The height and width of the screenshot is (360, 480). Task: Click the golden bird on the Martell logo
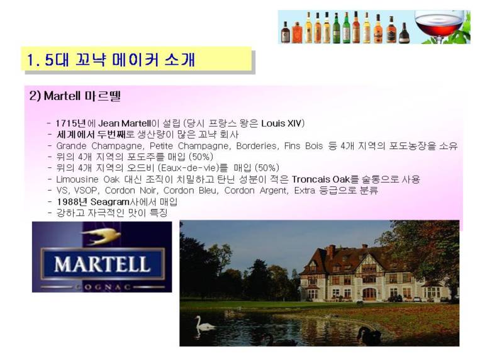(x=101, y=236)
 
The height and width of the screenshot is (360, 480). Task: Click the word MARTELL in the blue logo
(x=103, y=264)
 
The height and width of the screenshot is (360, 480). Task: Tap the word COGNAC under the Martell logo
(x=103, y=287)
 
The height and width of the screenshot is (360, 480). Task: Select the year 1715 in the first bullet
(x=66, y=123)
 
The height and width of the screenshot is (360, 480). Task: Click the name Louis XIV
(x=282, y=123)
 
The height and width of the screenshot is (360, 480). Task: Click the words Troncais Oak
(x=320, y=179)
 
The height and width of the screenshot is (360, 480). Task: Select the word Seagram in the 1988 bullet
(x=110, y=202)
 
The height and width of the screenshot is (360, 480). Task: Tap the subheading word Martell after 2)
(x=62, y=96)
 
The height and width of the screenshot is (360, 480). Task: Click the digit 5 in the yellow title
(x=49, y=60)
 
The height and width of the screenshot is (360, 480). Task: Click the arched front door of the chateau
(x=369, y=295)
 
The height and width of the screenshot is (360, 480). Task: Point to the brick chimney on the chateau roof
(x=331, y=252)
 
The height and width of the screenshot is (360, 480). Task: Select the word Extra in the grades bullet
(x=304, y=191)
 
